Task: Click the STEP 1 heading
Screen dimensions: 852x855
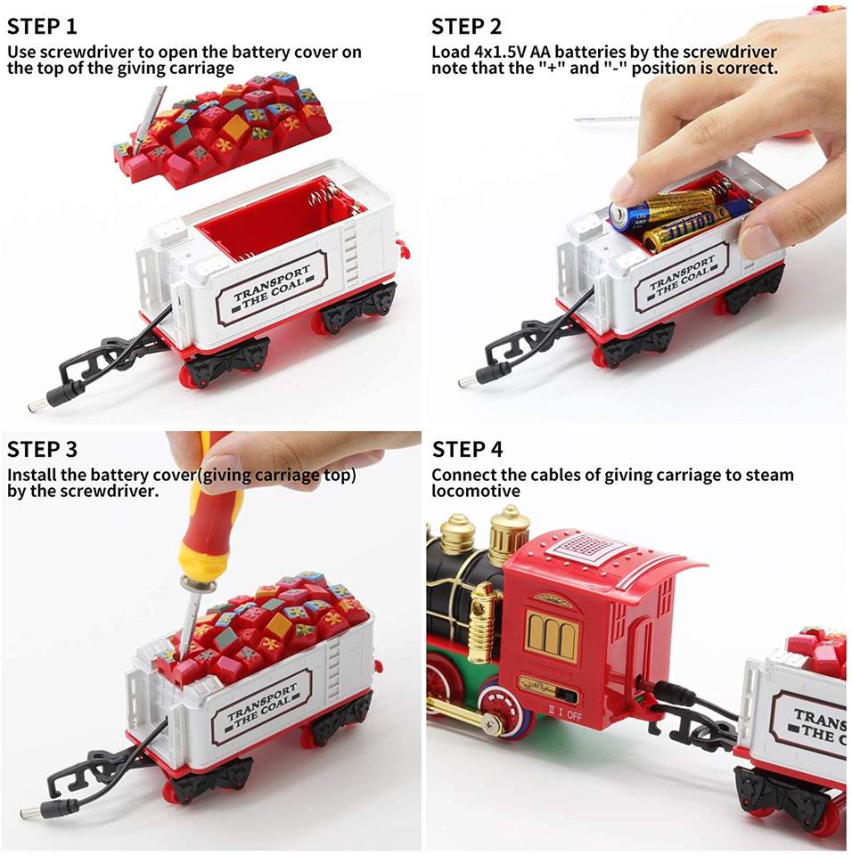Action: [x=42, y=26]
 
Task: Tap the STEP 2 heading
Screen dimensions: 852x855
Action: [x=466, y=26]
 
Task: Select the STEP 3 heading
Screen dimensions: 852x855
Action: [x=42, y=449]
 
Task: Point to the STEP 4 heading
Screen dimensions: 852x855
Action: [x=467, y=449]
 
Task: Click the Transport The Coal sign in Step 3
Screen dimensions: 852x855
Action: [x=262, y=705]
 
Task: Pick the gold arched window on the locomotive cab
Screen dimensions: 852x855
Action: [x=552, y=636]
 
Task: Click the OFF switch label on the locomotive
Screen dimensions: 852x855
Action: [x=574, y=715]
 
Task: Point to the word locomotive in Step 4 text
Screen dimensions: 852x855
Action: [x=476, y=491]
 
